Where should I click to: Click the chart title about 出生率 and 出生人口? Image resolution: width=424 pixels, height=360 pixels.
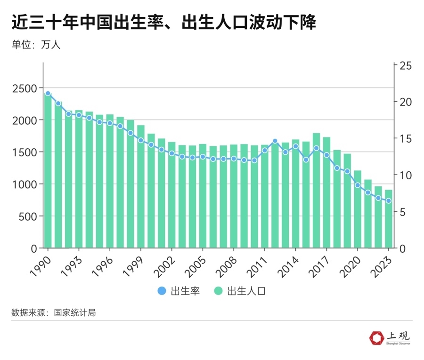(163, 22)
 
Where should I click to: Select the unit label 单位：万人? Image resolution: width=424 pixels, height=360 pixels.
(36, 45)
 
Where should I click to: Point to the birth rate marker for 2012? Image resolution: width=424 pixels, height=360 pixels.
(275, 141)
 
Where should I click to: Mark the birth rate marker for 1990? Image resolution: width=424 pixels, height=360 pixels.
(48, 94)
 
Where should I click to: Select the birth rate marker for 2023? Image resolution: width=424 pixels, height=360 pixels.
(389, 201)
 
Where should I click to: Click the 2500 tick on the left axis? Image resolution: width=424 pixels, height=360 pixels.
(24, 88)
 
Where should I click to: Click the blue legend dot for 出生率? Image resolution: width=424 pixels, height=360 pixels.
(162, 291)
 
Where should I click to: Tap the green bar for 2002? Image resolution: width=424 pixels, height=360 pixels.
(172, 195)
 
